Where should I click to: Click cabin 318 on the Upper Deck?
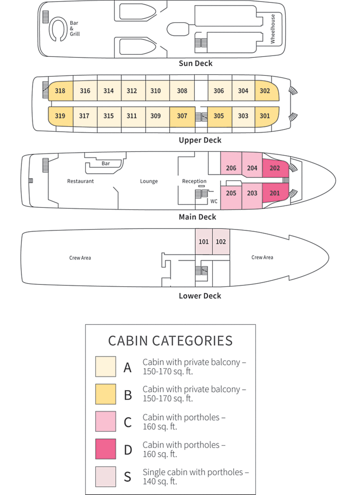[60, 91]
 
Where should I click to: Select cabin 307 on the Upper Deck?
[182, 116]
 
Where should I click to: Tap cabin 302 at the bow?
[265, 91]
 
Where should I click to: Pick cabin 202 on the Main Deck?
[274, 168]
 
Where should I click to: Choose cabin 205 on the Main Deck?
[231, 193]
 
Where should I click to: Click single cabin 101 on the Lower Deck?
[203, 241]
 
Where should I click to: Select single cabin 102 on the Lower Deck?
[221, 241]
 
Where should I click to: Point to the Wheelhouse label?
[273, 28]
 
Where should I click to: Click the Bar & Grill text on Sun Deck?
[75, 28]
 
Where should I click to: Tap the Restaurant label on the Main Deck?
[81, 181]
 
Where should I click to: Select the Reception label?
[194, 181]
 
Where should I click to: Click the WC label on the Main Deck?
[214, 201]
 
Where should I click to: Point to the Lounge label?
[149, 181]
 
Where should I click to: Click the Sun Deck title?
[196, 64]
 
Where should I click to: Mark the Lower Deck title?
[200, 296]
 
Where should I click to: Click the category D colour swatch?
[105, 449]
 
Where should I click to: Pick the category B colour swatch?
[105, 394]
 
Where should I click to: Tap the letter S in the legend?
[127, 477]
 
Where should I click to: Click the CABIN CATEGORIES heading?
[171, 341]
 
